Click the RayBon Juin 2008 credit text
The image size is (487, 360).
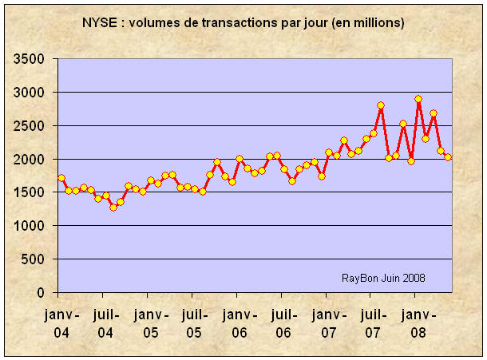[x=383, y=278]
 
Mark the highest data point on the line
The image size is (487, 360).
[x=418, y=99]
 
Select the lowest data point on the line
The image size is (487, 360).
[x=113, y=208]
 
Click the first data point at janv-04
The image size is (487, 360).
[x=61, y=178]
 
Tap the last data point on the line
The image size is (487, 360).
[x=448, y=157]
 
